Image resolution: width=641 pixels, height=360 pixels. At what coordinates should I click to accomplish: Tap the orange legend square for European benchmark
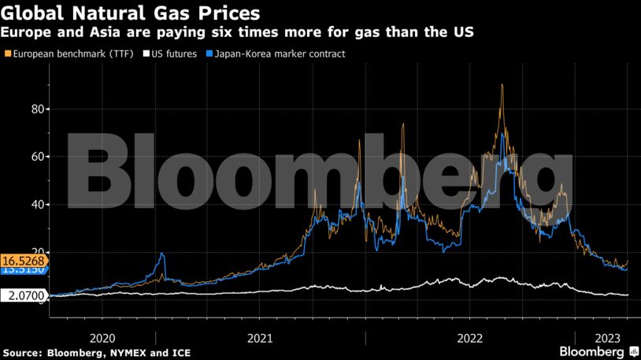click(x=8, y=54)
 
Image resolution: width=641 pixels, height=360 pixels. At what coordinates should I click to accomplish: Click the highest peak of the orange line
click(x=502, y=85)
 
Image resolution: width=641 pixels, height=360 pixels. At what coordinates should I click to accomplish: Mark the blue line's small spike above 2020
click(x=162, y=254)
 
